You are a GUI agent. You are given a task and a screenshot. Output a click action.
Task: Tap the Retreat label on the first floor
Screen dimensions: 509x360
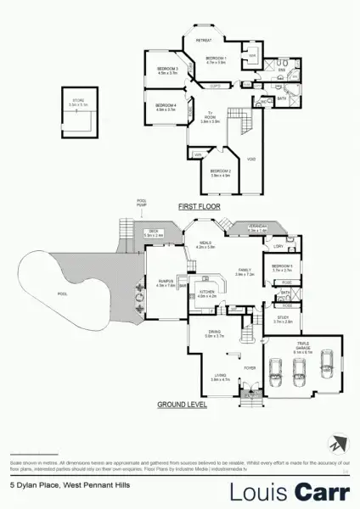(204, 41)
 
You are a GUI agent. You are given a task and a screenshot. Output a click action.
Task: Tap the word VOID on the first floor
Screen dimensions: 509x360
(251, 159)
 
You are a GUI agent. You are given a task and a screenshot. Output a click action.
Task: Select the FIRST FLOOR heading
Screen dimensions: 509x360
(198, 206)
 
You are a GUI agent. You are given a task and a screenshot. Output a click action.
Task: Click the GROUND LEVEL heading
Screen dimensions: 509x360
(182, 405)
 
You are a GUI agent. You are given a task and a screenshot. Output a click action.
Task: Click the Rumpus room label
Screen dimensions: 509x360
(166, 284)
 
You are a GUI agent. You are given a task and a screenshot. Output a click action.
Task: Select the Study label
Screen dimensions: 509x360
(283, 321)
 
